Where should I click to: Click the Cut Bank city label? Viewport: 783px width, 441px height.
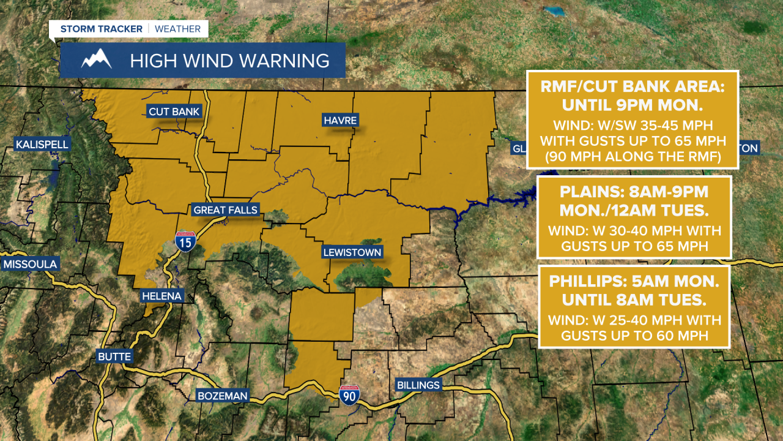pos(174,111)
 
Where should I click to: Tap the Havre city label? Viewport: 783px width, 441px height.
pos(340,120)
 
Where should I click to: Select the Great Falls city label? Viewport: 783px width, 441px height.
pos(226,210)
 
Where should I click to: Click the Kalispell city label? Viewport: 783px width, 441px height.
pos(42,145)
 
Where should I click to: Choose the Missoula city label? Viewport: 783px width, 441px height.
pos(30,265)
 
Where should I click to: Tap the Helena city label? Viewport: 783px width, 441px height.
pos(161,296)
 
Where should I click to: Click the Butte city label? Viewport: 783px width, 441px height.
pos(114,356)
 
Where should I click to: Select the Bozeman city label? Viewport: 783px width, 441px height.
pos(222,396)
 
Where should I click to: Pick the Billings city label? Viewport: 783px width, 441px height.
pos(418,385)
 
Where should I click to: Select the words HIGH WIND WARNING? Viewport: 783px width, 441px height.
pos(229,61)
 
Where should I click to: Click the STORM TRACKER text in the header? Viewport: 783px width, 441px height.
pos(101,29)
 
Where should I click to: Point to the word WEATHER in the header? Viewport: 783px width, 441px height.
pos(177,29)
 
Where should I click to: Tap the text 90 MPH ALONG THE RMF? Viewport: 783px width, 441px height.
pos(633,157)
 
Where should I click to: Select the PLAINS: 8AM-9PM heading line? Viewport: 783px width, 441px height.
pos(634,192)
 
